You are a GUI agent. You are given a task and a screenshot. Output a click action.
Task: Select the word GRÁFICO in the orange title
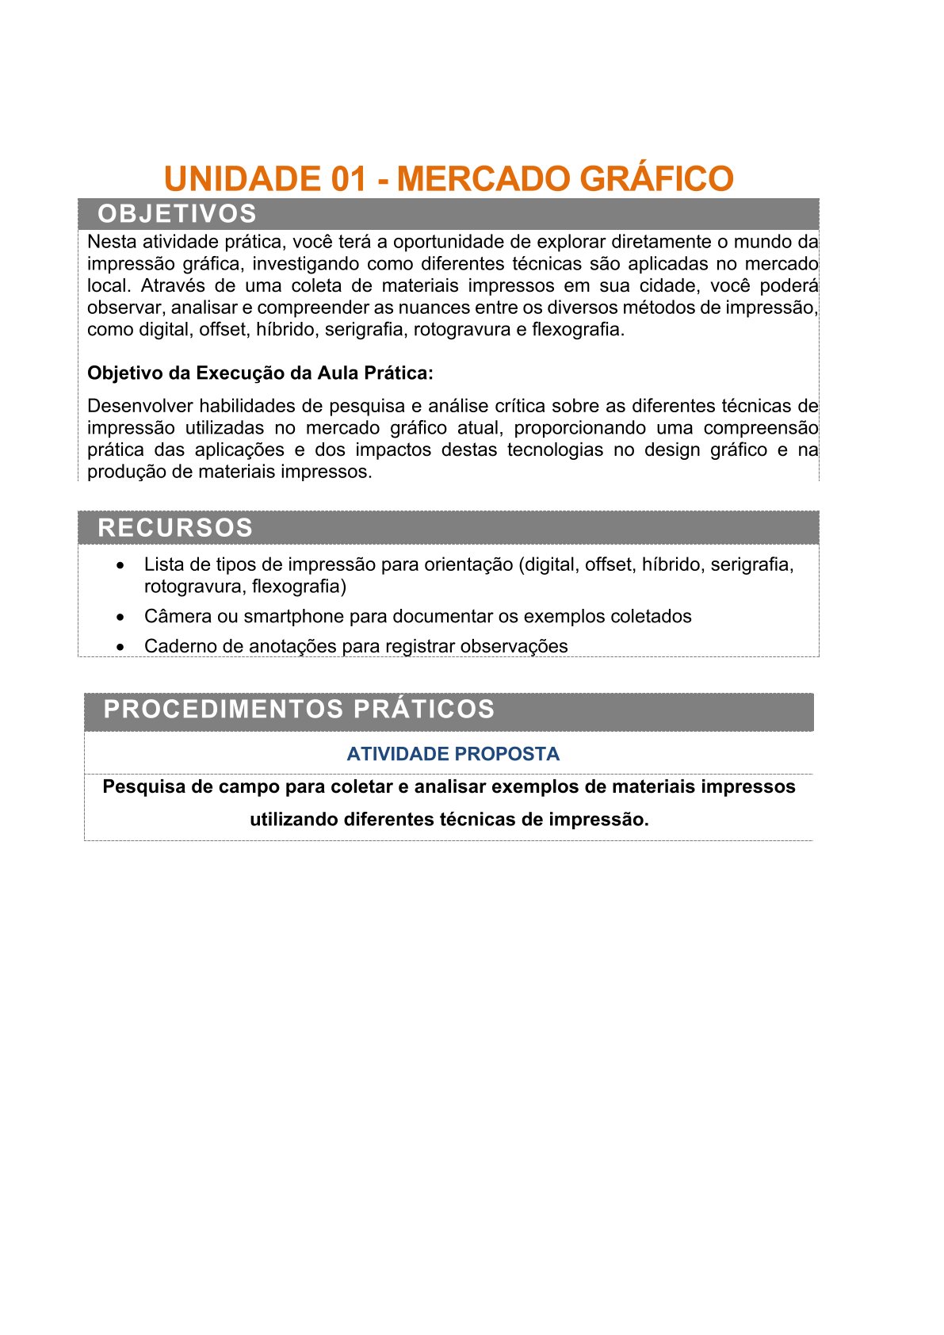tap(656, 179)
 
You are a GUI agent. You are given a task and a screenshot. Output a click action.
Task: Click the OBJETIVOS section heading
tap(177, 214)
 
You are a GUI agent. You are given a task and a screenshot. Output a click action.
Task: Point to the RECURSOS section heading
tap(175, 528)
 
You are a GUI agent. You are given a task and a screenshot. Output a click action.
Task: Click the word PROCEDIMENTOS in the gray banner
tap(224, 709)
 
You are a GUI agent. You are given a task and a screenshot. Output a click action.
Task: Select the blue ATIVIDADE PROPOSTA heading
tap(453, 754)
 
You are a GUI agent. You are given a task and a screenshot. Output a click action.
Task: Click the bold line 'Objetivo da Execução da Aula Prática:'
tap(260, 373)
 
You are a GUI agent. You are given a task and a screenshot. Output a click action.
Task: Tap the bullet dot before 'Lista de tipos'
tap(120, 565)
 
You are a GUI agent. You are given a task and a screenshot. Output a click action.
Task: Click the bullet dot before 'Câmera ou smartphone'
tap(120, 617)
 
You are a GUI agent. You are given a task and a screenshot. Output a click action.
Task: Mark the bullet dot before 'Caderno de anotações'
tap(120, 647)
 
